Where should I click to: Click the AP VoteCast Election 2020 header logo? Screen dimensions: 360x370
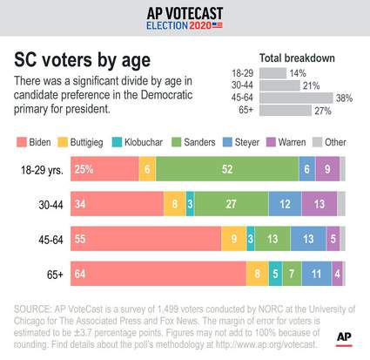point(185,18)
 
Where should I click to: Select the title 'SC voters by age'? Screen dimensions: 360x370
point(82,60)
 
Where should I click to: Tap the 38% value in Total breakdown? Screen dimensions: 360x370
point(344,98)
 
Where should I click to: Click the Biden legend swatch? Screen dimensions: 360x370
point(22,140)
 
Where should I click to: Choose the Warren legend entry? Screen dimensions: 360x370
point(295,140)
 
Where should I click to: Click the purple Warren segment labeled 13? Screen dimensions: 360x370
point(319,204)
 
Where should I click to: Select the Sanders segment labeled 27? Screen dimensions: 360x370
point(231,204)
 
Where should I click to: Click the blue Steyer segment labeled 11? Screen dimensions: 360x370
point(316,273)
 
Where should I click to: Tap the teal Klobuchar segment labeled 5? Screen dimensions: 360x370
point(275,273)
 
